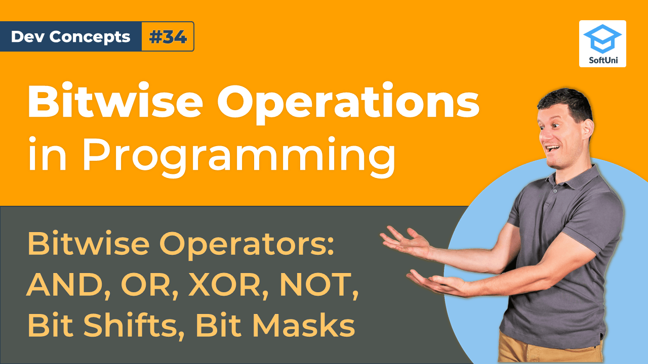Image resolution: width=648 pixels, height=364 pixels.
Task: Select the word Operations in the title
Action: pos(348,102)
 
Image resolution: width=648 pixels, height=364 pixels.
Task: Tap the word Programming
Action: pos(238,154)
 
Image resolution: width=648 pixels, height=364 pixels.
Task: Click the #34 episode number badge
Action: pos(168,36)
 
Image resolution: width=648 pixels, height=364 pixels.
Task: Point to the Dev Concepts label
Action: pos(70,36)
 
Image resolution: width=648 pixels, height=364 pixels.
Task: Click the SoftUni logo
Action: pos(602,44)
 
